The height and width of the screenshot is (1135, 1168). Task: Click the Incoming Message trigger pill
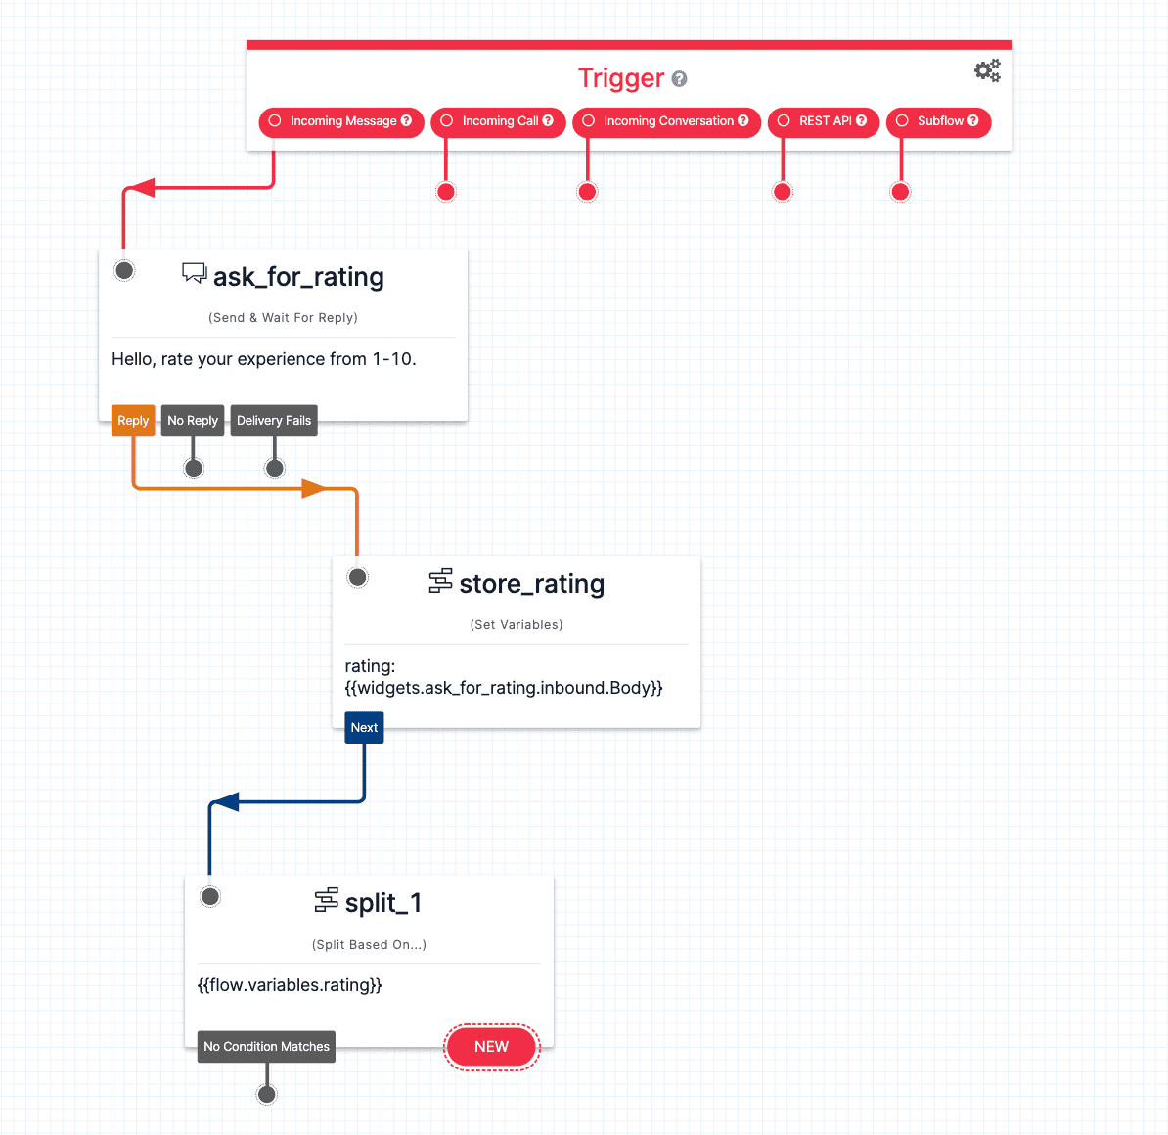[x=340, y=121]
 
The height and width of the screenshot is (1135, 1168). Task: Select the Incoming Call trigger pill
[x=498, y=121]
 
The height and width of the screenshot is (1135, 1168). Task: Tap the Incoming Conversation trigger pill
[x=666, y=121]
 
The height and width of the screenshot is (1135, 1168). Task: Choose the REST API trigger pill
[x=823, y=121]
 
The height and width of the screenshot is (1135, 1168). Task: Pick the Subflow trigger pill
[x=938, y=121]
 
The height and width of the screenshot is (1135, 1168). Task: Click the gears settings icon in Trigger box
[x=987, y=70]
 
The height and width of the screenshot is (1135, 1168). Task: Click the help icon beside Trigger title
[x=680, y=79]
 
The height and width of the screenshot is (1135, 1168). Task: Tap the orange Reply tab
[x=133, y=421]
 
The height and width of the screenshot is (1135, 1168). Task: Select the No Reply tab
[x=193, y=421]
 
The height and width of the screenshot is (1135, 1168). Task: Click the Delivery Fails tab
[x=274, y=421]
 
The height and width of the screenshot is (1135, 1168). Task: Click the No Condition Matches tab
[x=266, y=1047]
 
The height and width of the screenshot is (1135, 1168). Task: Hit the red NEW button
[x=491, y=1047]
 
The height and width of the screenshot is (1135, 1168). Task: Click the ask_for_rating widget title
[x=298, y=277]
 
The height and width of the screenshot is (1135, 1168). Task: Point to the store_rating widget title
[x=531, y=584]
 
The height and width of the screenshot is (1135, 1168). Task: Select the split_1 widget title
[x=382, y=903]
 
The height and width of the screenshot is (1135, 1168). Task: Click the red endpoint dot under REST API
[x=783, y=192]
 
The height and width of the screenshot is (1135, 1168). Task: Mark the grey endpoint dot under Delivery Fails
[x=275, y=469]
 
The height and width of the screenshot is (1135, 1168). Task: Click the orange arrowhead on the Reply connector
[x=313, y=488]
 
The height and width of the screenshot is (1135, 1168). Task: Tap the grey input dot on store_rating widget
[x=358, y=577]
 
